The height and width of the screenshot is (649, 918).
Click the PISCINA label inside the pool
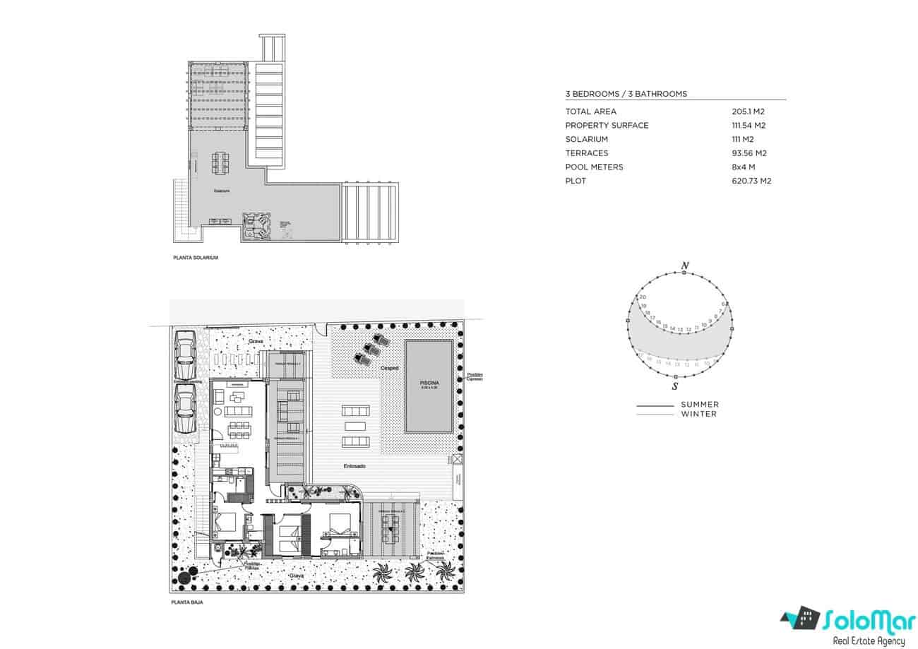point(429,383)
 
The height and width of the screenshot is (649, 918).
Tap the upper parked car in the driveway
point(186,358)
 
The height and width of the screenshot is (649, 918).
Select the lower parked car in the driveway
point(186,408)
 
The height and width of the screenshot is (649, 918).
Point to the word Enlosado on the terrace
point(354,466)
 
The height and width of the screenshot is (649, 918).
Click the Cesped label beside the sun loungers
point(390,368)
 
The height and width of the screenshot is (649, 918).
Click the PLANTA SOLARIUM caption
point(196,258)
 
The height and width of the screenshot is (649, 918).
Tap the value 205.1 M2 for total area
point(749,112)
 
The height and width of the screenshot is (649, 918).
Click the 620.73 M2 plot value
point(751,181)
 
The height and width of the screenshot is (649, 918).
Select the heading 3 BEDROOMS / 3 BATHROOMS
point(626,94)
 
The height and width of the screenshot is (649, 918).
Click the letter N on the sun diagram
point(684,266)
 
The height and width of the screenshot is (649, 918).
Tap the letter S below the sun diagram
point(676,386)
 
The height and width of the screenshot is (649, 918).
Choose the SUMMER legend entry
point(699,405)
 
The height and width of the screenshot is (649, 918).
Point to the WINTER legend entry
point(698,414)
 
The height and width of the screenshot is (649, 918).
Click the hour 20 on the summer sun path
point(643,297)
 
